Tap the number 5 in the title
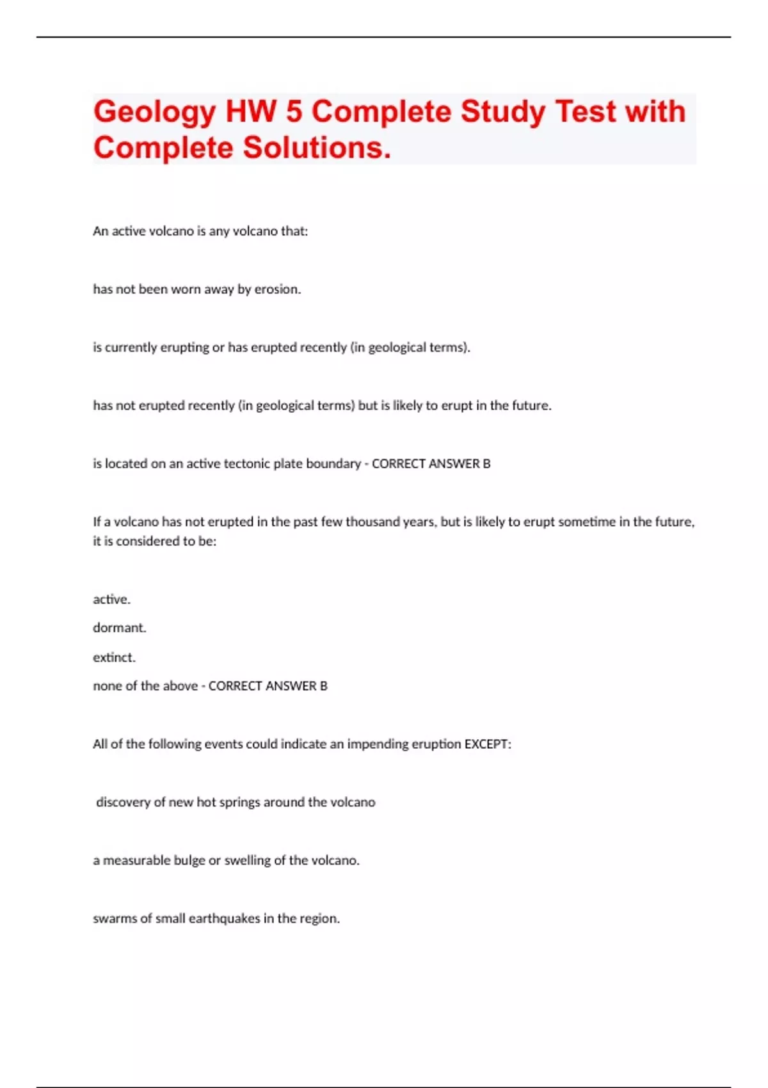click(294, 111)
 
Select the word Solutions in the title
click(316, 148)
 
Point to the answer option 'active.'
click(111, 600)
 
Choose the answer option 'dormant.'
click(120, 628)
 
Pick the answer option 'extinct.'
click(114, 657)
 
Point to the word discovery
click(123, 803)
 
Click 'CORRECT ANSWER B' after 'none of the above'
click(268, 686)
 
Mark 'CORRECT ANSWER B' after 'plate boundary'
click(431, 464)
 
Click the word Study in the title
click(502, 111)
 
